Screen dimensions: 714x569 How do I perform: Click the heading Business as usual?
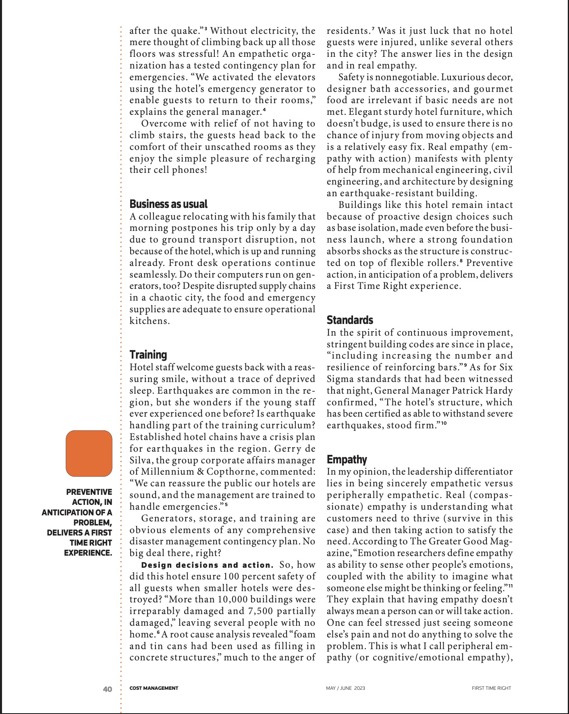click(x=168, y=204)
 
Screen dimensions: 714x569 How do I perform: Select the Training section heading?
click(x=148, y=355)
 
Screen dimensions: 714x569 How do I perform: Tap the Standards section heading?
click(x=350, y=320)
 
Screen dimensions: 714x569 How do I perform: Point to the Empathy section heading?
click(x=347, y=459)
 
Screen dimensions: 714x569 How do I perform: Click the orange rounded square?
click(x=89, y=453)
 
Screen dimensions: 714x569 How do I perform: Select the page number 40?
click(x=108, y=689)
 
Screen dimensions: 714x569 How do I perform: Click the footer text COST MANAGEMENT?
click(x=154, y=688)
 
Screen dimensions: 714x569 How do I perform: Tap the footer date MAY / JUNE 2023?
click(x=345, y=688)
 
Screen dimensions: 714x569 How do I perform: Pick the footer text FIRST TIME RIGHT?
click(x=491, y=688)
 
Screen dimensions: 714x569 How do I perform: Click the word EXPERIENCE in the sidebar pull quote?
click(x=88, y=553)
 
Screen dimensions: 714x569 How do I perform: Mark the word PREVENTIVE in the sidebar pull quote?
click(x=89, y=492)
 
